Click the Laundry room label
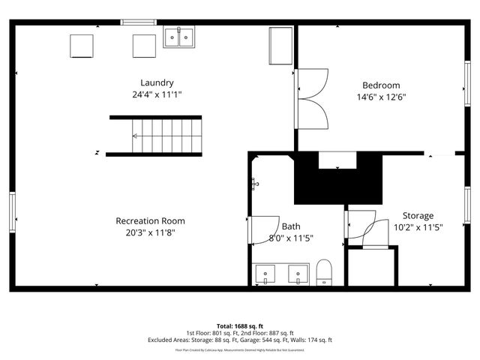coord(157,82)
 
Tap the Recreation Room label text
coord(150,220)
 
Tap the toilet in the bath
coord(324,272)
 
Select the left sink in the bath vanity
coord(265,274)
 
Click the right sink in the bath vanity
coord(299,274)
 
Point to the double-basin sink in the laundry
coord(179,37)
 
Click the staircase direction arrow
coord(136,136)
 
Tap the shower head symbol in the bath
coord(255,182)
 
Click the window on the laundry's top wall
coord(139,22)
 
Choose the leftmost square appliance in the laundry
coord(81,46)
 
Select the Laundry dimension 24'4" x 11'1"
coord(157,94)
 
